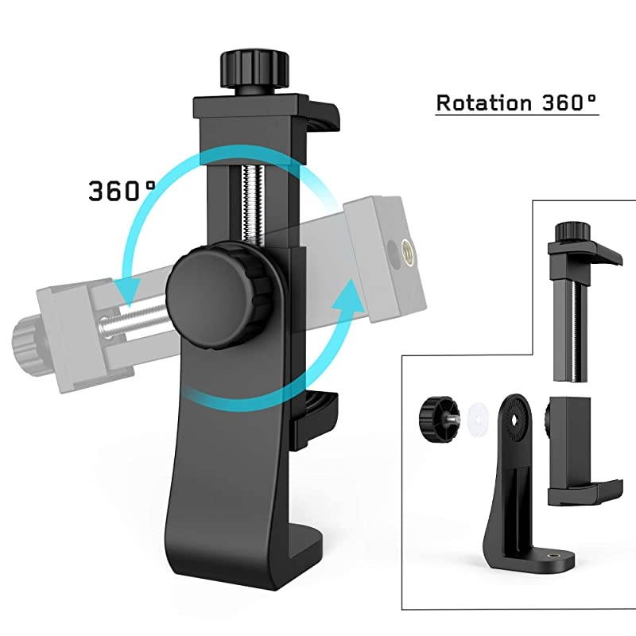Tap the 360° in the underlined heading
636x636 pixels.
point(566,103)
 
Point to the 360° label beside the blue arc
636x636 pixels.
point(122,191)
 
